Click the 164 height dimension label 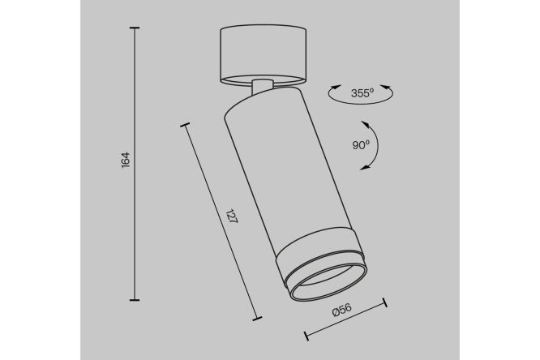coord(126,160)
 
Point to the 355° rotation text coord(362,92)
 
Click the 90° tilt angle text coord(361,145)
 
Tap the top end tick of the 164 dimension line coord(135,28)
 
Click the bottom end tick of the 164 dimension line coord(135,300)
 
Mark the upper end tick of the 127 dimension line coord(185,125)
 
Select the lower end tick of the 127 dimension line coord(256,319)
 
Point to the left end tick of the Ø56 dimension coord(306,336)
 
